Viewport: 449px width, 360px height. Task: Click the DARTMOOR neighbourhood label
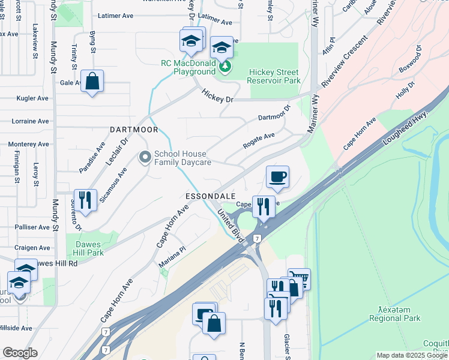pyautogui.click(x=134, y=130)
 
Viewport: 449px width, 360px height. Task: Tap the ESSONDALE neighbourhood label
pyautogui.click(x=209, y=197)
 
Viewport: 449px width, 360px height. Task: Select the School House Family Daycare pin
pyautogui.click(x=145, y=158)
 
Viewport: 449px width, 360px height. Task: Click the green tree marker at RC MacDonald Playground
pyautogui.click(x=224, y=66)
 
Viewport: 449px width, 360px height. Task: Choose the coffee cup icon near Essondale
pyautogui.click(x=277, y=177)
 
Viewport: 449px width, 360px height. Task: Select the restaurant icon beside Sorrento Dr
pyautogui.click(x=85, y=200)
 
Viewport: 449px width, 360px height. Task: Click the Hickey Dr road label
pyautogui.click(x=217, y=95)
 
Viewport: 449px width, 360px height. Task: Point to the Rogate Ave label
pyautogui.click(x=259, y=141)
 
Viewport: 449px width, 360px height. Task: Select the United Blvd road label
pyautogui.click(x=231, y=226)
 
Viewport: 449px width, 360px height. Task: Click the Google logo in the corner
pyautogui.click(x=20, y=353)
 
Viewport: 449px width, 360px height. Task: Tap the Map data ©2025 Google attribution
pyautogui.click(x=411, y=355)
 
